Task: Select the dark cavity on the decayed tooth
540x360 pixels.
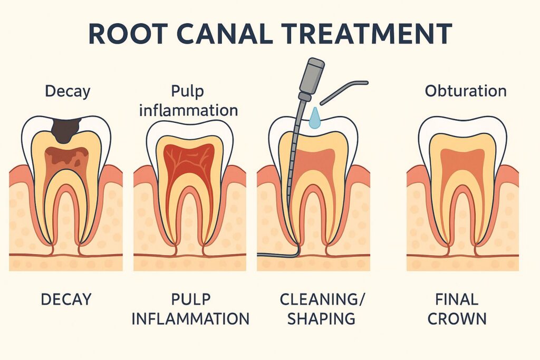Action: (x=66, y=129)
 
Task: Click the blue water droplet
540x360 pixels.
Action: (x=315, y=119)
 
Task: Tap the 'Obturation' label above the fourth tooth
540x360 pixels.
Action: (x=466, y=91)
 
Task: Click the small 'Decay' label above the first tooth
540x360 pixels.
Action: (x=67, y=91)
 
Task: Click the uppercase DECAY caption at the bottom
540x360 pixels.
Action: (x=66, y=299)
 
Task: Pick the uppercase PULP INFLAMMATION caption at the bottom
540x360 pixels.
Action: (x=190, y=309)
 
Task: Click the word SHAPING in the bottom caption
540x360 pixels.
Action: (x=321, y=318)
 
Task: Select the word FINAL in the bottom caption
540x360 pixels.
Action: (x=457, y=299)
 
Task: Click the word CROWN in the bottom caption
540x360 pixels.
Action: (x=457, y=318)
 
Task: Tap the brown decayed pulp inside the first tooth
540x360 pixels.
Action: (x=66, y=158)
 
